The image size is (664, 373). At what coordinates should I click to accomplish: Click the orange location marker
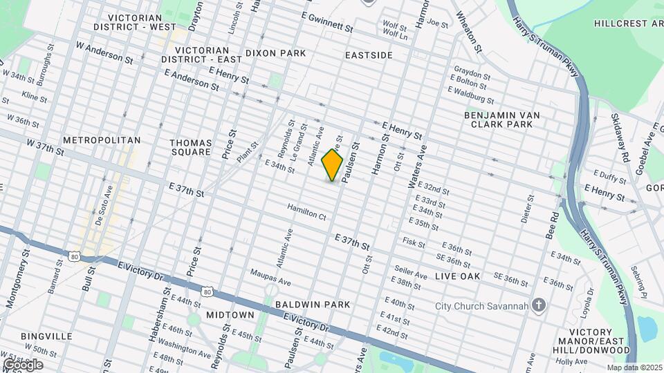[333, 165]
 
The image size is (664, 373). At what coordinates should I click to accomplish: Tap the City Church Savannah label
[481, 306]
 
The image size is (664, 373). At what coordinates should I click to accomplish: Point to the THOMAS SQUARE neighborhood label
[190, 147]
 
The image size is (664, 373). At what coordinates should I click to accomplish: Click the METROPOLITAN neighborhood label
[101, 140]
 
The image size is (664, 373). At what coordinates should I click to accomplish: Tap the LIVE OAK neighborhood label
[457, 276]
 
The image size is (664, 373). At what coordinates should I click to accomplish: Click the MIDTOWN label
[230, 315]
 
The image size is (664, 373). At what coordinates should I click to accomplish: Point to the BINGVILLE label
[46, 336]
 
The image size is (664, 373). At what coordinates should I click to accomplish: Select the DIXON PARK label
[275, 53]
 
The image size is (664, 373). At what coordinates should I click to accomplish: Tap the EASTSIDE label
[369, 55]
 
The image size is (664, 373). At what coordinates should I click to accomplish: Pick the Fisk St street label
[414, 242]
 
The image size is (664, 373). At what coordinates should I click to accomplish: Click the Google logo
[23, 365]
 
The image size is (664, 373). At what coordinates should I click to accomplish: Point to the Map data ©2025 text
[634, 367]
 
